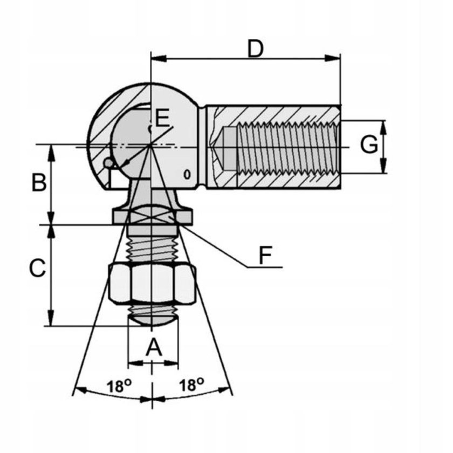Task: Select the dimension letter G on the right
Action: click(368, 145)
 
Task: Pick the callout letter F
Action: click(265, 255)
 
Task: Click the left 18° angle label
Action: click(119, 386)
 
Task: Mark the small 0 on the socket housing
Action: click(187, 174)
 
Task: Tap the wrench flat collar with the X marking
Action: click(152, 216)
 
